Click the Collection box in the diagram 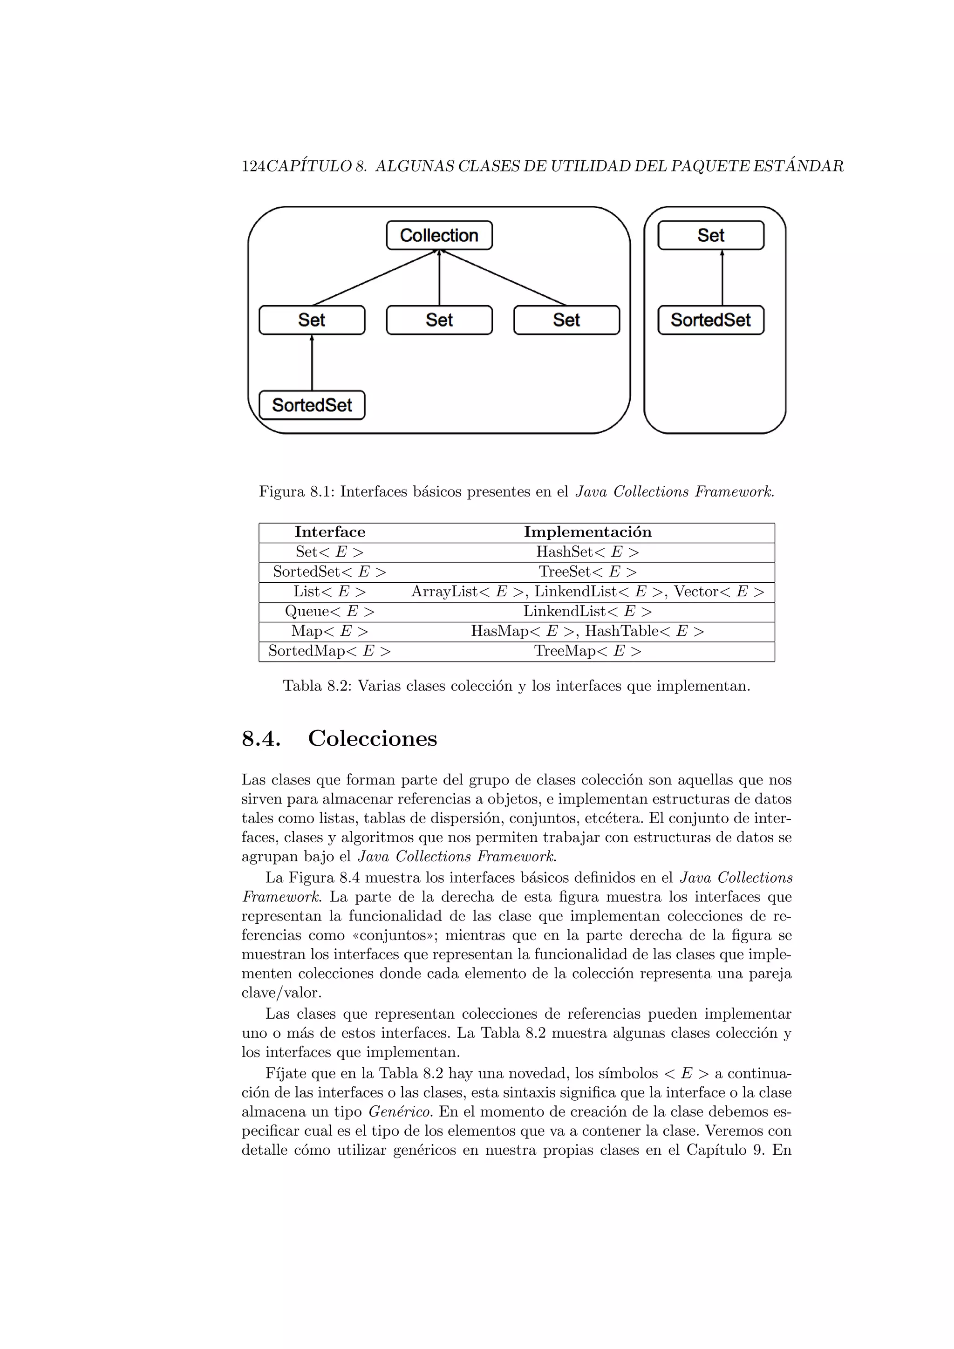tap(439, 235)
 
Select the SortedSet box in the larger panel tap(312, 405)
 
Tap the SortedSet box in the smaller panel tap(711, 320)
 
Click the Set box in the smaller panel tap(711, 235)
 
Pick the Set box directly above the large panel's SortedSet tap(312, 320)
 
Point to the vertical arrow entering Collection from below tap(439, 277)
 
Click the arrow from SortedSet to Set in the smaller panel tap(722, 277)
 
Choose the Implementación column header tap(587, 532)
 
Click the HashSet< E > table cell tap(587, 552)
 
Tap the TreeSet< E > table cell tap(587, 572)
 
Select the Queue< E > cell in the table tap(329, 612)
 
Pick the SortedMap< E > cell tap(329, 651)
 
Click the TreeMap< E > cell tap(587, 651)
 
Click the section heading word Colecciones tap(373, 738)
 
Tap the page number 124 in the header tap(253, 167)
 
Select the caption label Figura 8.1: tap(297, 492)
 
